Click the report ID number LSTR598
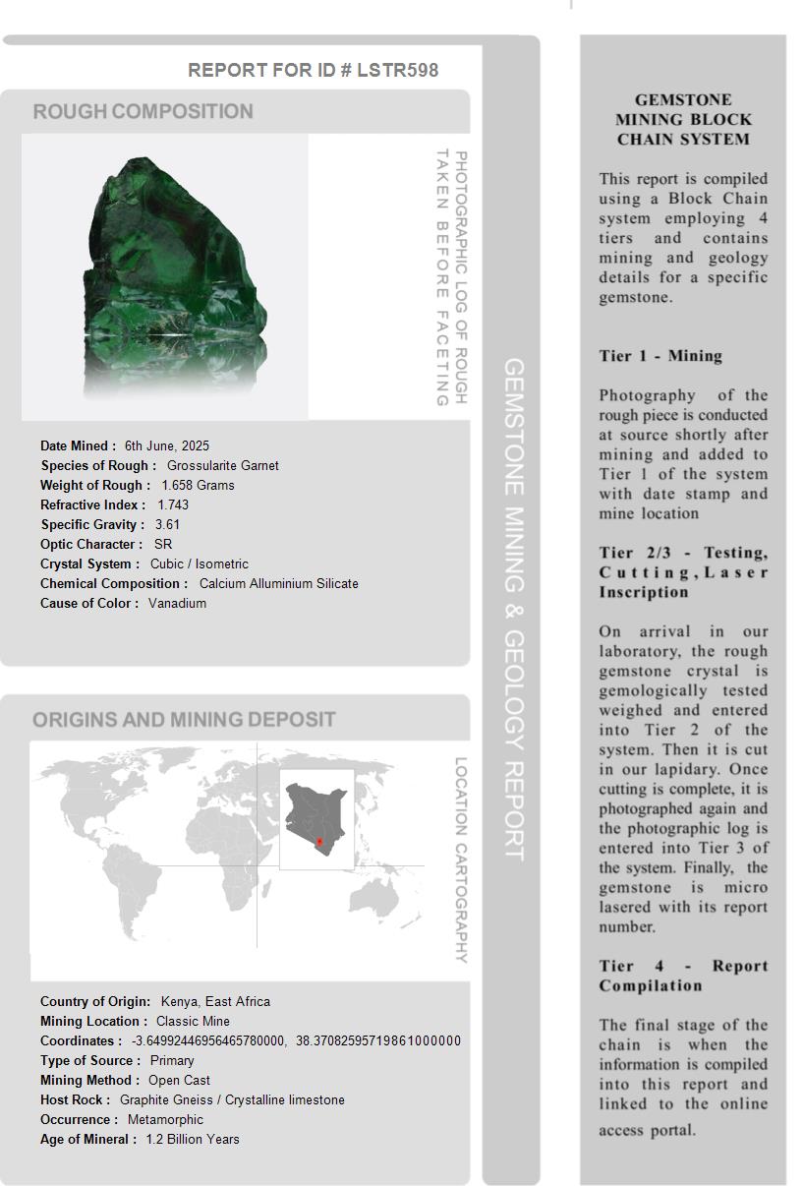(x=397, y=70)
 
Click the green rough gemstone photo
(x=177, y=270)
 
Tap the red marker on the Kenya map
(x=319, y=842)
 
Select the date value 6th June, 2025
(x=166, y=445)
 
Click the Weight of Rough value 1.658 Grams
(x=198, y=485)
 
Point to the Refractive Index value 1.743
(x=173, y=504)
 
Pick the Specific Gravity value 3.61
(x=167, y=524)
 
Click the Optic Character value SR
(x=163, y=544)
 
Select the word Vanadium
(x=177, y=603)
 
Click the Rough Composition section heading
(x=143, y=111)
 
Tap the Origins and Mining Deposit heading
(x=184, y=720)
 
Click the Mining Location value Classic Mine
(x=193, y=1021)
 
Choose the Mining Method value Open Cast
(x=179, y=1080)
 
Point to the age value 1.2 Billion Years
(x=193, y=1139)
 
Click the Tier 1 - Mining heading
(x=660, y=356)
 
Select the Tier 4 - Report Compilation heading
(x=683, y=976)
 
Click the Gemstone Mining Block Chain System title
(x=683, y=119)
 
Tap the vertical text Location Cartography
(x=461, y=860)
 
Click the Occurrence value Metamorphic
(x=165, y=1119)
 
